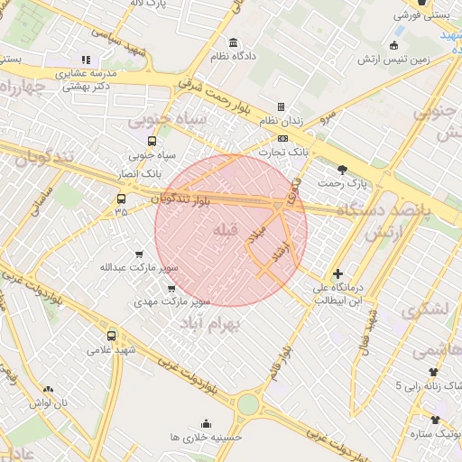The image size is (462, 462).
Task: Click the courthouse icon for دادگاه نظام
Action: pos(234,43)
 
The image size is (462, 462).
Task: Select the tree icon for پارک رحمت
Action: pos(342,169)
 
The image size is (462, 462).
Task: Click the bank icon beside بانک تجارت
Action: pos(283,138)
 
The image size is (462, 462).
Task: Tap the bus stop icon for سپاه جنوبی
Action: pos(151,141)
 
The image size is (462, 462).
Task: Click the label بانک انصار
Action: pos(141,171)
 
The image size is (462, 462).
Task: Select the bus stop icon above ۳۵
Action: pos(121,199)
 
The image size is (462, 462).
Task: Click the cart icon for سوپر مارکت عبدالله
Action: pos(138,254)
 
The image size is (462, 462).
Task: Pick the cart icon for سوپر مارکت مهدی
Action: pos(171,288)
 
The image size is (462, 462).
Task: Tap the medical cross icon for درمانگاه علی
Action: pos(337,273)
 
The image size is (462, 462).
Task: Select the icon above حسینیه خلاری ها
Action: pos(206,422)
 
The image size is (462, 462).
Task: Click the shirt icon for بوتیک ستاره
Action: pos(435,420)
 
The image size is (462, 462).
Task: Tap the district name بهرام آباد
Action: pos(213,323)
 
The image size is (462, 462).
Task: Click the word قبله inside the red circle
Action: pos(226,232)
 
